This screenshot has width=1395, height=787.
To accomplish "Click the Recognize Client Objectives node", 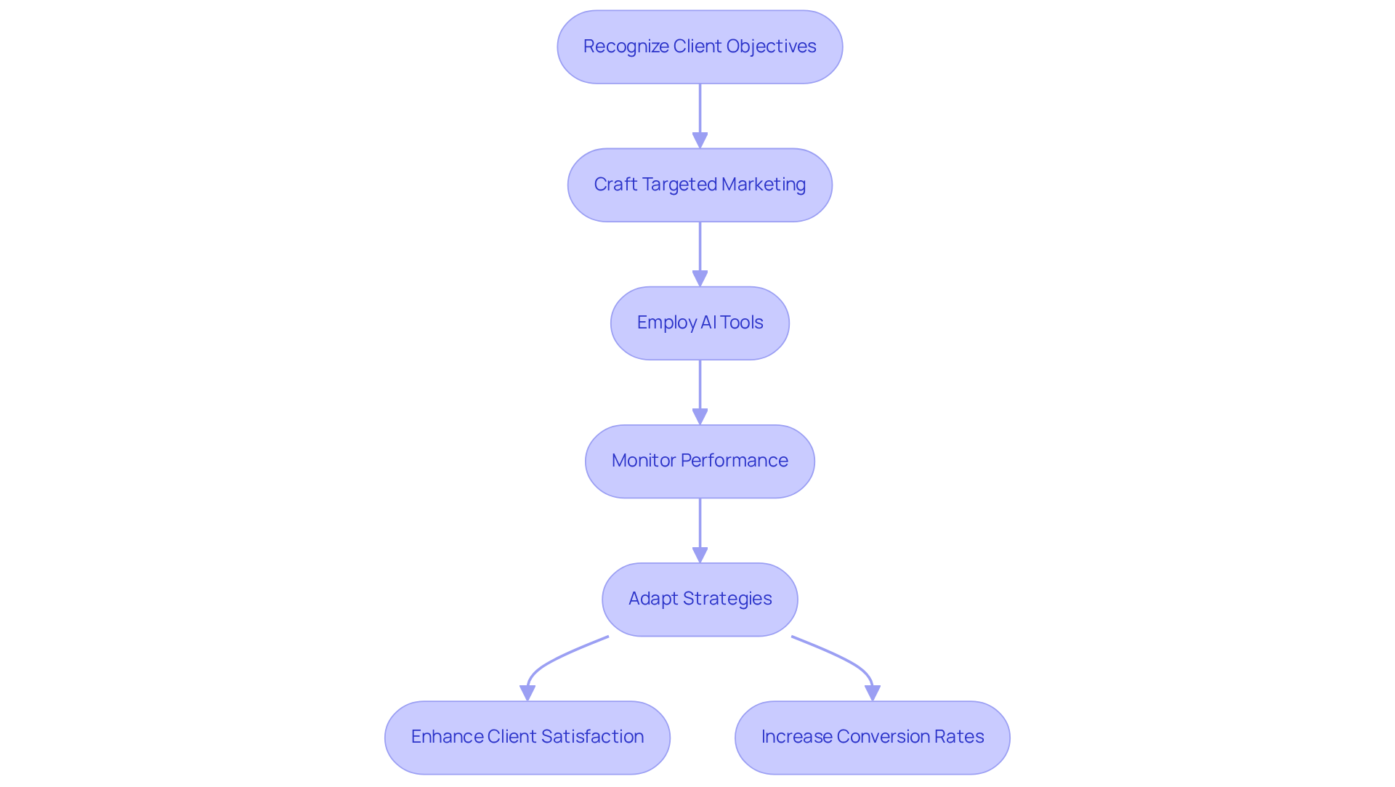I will pos(700,47).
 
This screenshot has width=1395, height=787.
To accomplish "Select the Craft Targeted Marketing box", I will pos(700,185).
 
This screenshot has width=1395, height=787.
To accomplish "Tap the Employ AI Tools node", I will pos(700,323).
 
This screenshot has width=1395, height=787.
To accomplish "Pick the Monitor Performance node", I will pos(700,461).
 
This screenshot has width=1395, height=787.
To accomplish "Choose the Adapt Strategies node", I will pos(700,599).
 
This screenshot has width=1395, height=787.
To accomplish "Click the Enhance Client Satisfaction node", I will pos(527,737).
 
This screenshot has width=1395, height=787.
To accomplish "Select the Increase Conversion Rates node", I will pos(872,737).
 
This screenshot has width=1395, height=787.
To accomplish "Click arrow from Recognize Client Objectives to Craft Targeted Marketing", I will pos(700,113).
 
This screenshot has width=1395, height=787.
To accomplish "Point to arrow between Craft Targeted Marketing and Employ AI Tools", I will pos(700,251).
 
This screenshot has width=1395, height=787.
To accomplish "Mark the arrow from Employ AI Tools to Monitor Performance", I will pos(700,389).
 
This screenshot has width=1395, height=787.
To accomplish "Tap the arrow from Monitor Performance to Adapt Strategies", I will pos(700,527).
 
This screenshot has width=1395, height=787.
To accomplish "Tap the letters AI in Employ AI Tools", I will pos(708,323).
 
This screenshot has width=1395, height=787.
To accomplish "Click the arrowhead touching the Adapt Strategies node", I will pos(700,556).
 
